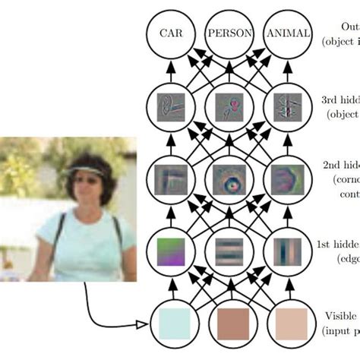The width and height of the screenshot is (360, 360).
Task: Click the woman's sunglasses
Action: (86, 180)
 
